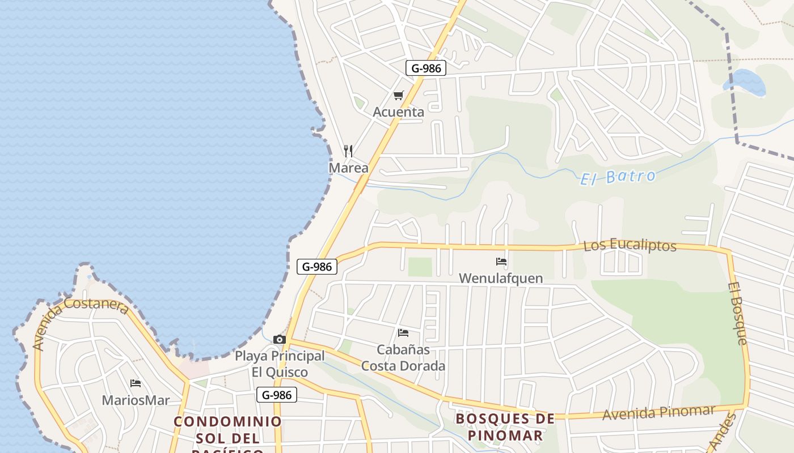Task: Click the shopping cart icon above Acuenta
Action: click(399, 96)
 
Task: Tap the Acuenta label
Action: click(398, 112)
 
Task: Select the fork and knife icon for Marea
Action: click(348, 151)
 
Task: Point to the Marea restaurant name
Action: click(348, 168)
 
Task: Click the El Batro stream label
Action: click(618, 177)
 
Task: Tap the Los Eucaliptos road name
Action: click(630, 246)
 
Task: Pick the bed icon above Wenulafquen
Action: click(501, 262)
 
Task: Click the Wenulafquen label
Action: click(501, 278)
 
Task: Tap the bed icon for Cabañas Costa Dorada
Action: click(403, 332)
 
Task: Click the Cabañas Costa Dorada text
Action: click(403, 358)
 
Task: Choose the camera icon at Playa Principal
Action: click(279, 339)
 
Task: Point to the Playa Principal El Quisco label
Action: click(280, 364)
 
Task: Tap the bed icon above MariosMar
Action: click(136, 383)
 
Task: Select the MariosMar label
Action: click(136, 400)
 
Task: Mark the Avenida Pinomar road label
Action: click(658, 413)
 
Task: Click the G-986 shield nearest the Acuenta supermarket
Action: click(426, 69)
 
